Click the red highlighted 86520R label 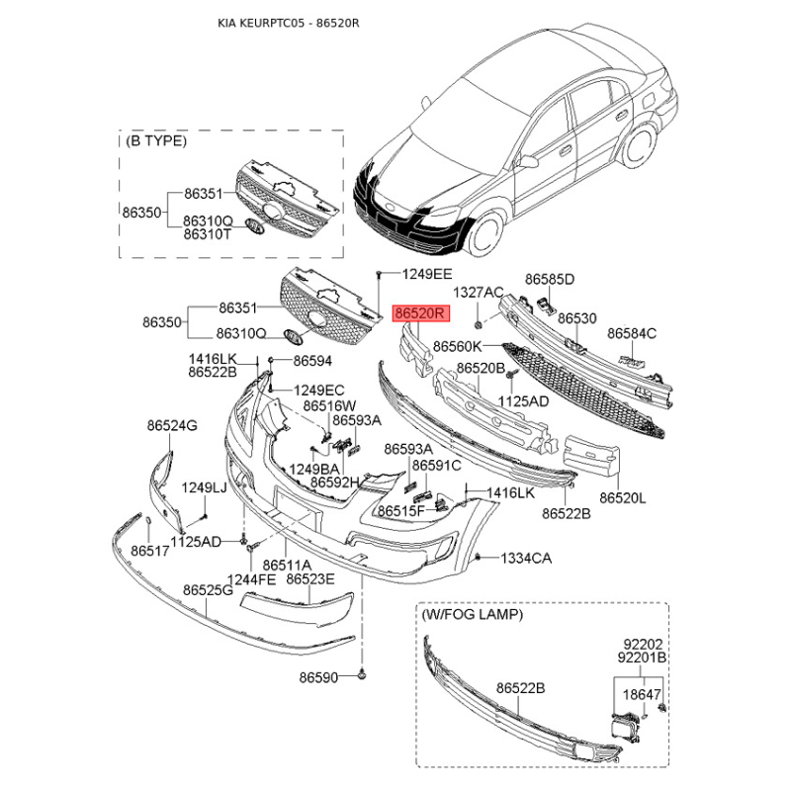tap(420, 313)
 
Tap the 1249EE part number tap(427, 274)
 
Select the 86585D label tap(550, 279)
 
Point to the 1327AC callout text tap(478, 293)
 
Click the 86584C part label tap(632, 333)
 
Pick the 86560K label tap(458, 347)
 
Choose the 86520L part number tap(623, 498)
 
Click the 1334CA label tap(526, 559)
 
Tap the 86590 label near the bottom tap(318, 677)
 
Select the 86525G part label tap(208, 589)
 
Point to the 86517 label tap(150, 551)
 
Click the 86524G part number tap(172, 426)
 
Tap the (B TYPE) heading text tap(156, 140)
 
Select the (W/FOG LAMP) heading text tap(472, 614)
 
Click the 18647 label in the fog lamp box tap(642, 695)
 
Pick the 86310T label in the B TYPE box tap(207, 234)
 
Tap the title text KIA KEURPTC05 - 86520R tap(288, 23)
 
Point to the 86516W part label tap(329, 405)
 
